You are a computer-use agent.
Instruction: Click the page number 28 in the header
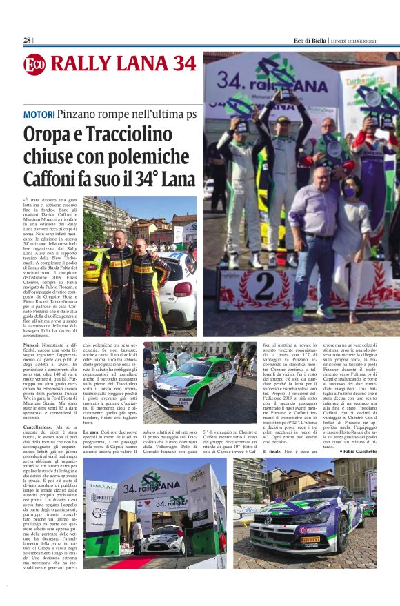point(27,40)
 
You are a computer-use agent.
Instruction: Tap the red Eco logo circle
point(34,64)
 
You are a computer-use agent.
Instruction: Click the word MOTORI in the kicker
point(39,112)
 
